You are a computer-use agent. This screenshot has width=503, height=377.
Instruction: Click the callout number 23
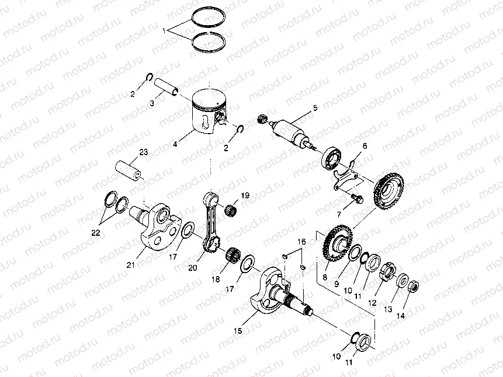tap(143, 152)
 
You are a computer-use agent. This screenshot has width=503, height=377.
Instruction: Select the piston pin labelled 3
tap(167, 87)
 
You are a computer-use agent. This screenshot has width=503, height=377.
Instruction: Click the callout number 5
tap(315, 108)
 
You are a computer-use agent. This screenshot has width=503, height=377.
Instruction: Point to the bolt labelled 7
tap(356, 198)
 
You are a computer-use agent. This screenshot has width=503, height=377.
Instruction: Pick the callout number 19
tap(245, 196)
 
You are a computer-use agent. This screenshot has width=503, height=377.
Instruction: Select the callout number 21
tap(130, 265)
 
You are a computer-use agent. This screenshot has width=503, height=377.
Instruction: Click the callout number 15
tap(238, 330)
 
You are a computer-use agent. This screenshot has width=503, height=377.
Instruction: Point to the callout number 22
tap(96, 233)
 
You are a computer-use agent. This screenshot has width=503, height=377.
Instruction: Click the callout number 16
tap(301, 242)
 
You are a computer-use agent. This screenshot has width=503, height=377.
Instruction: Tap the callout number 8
tap(325, 277)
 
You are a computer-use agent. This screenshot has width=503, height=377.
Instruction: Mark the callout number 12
tap(372, 303)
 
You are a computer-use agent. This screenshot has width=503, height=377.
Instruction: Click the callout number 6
tap(365, 146)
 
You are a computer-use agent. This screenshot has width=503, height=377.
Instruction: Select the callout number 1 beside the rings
tap(164, 31)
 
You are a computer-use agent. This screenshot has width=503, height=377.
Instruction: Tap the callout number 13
tap(388, 309)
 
